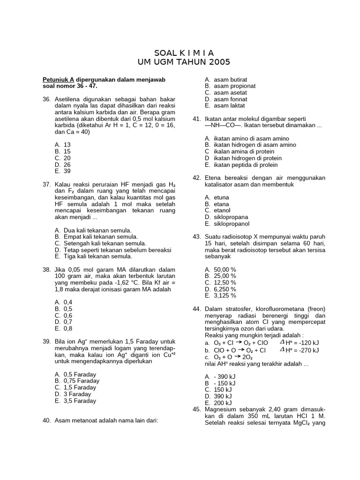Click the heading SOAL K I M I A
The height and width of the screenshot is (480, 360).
tap(184, 53)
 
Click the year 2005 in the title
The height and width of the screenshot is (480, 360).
tap(219, 62)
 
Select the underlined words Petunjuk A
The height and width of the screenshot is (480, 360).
tap(59, 80)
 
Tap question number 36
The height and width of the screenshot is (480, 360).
tap(46, 99)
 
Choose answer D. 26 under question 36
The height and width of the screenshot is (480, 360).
tap(63, 165)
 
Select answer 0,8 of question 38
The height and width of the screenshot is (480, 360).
tap(68, 329)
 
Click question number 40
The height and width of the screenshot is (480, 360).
tap(46, 420)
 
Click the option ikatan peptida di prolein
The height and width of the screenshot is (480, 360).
tap(246, 165)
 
